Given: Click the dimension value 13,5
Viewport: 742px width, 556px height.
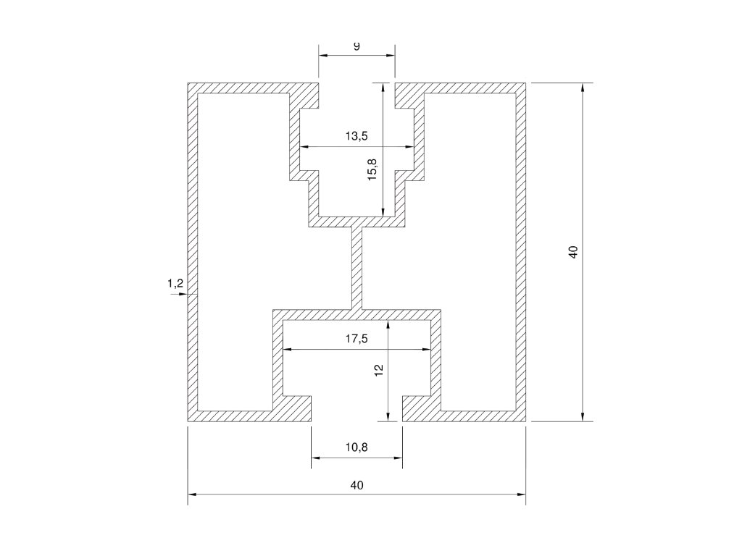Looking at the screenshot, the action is pos(357,136).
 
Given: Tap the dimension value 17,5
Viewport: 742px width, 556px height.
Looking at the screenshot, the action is pos(357,339).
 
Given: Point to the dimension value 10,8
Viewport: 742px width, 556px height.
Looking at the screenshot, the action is pos(357,447).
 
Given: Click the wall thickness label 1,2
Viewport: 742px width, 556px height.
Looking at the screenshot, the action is pos(175,284).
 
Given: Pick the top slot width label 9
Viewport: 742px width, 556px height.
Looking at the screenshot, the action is pos(357,46).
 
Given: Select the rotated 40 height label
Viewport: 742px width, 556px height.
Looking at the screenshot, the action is pos(573,251).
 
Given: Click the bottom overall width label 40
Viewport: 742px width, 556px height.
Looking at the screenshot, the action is pos(357,485).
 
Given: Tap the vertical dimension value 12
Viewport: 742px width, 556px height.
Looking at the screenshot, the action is pos(378,370).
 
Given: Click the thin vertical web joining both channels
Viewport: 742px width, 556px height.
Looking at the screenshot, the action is pos(357,268).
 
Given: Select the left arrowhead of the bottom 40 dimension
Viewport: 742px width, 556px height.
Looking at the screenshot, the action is pos(193,494).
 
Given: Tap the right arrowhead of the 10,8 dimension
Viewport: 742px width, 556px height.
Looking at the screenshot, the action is pos(398,458).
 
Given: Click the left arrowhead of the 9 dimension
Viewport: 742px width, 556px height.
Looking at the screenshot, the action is pos(323,55).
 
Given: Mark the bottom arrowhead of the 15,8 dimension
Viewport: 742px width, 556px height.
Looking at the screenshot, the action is pos(383,212).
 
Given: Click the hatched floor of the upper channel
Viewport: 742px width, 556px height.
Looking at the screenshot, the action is pos(357,222).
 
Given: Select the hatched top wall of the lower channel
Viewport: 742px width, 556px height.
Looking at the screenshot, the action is pos(357,315).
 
